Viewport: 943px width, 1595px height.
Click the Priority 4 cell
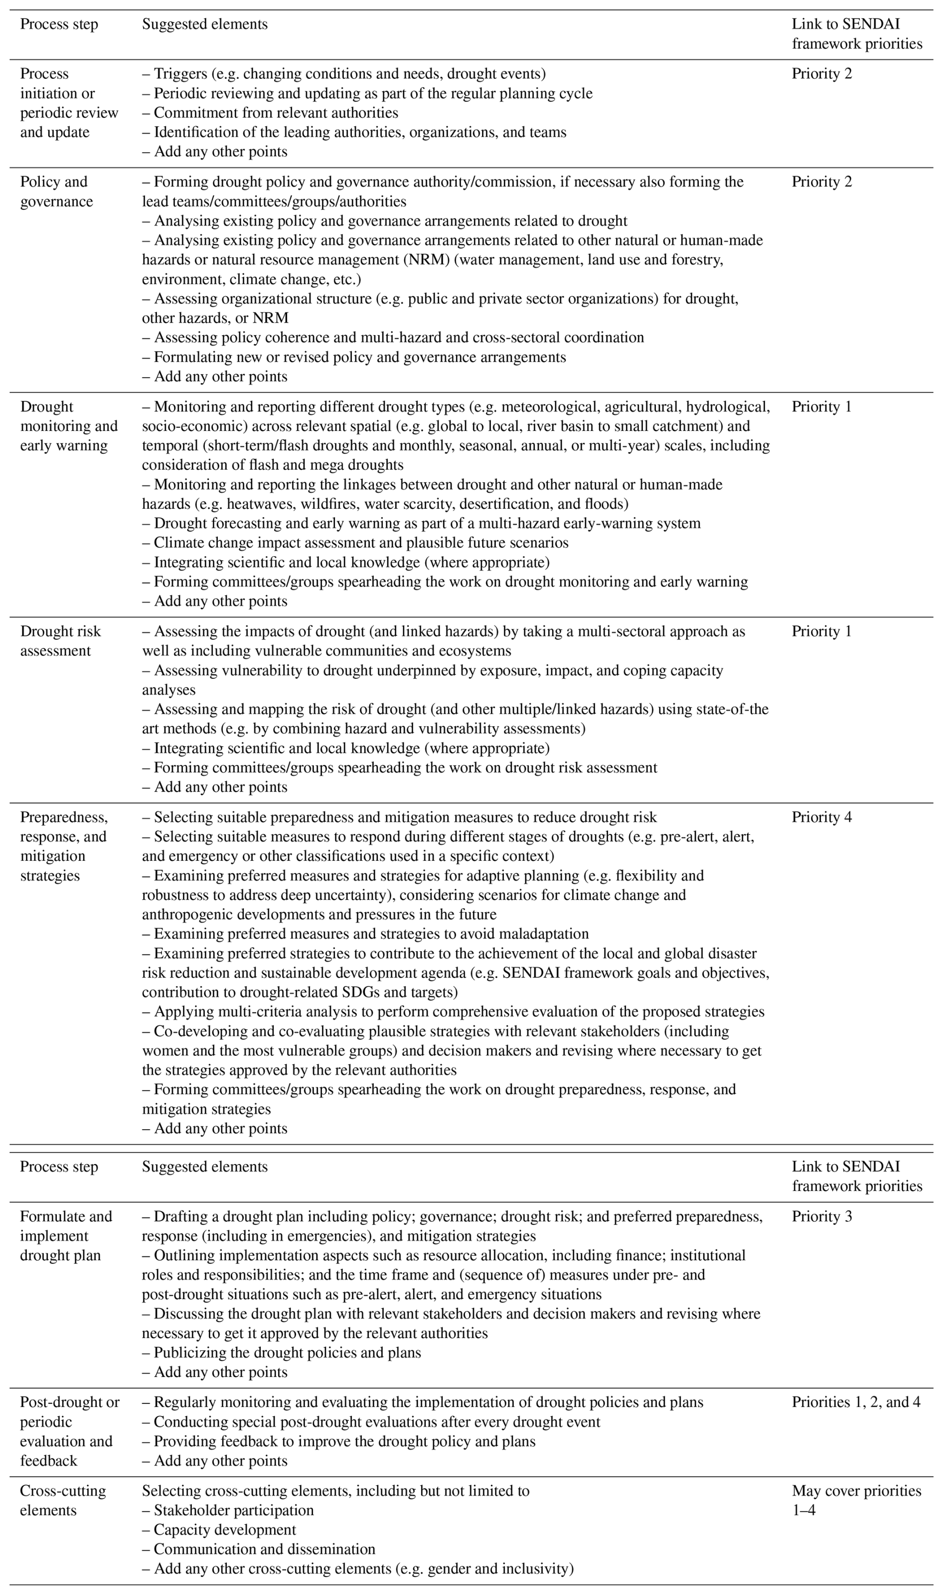(x=821, y=817)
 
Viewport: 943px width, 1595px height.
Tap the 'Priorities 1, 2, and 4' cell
(x=855, y=1402)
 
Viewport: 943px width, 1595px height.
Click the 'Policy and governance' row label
(x=56, y=192)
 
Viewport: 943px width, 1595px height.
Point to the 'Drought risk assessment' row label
(x=60, y=641)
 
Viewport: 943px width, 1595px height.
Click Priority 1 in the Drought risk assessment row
(x=821, y=631)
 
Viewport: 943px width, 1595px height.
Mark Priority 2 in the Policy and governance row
(x=821, y=182)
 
